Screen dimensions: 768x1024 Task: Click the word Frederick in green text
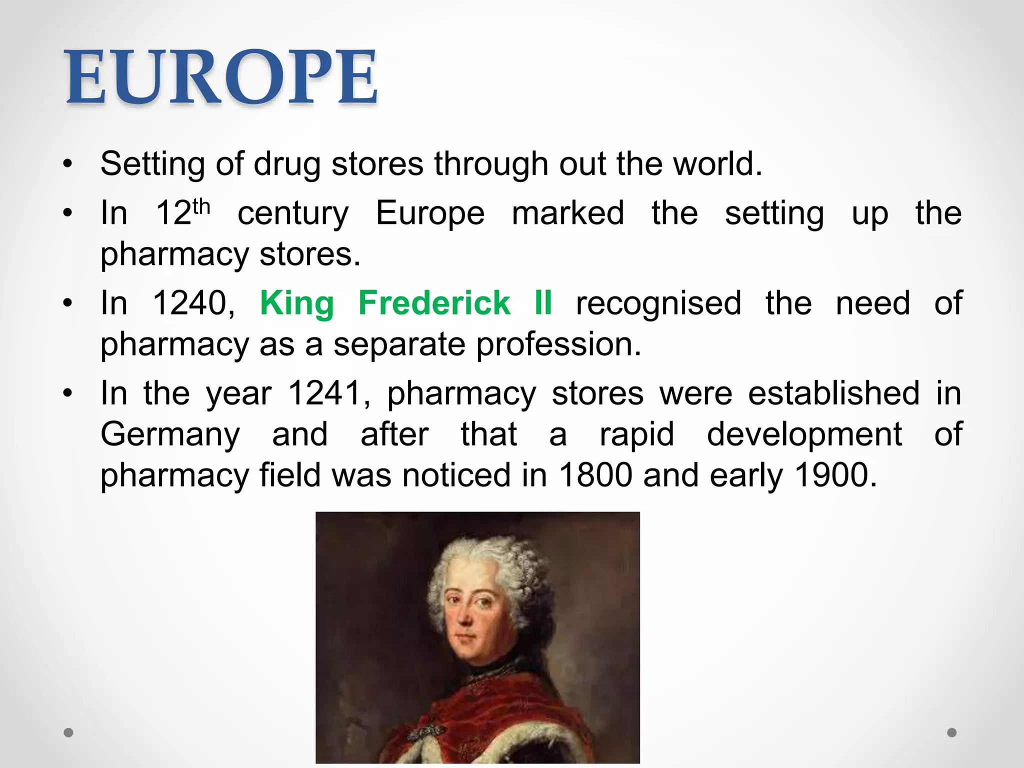(434, 303)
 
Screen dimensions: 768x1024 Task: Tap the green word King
(297, 304)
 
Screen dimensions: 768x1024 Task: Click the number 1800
(595, 475)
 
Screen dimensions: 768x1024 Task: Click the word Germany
(170, 435)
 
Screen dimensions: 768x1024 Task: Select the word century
(293, 214)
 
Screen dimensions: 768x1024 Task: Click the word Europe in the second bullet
(430, 214)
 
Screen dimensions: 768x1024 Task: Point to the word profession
(558, 345)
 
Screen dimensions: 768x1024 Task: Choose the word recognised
(658, 303)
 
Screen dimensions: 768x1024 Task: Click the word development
(804, 434)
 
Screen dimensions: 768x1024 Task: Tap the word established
(833, 393)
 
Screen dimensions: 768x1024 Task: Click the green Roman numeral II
(543, 303)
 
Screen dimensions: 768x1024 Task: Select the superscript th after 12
(201, 206)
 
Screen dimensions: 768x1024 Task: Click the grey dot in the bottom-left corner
(68, 732)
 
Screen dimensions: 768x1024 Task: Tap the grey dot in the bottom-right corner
(952, 732)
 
